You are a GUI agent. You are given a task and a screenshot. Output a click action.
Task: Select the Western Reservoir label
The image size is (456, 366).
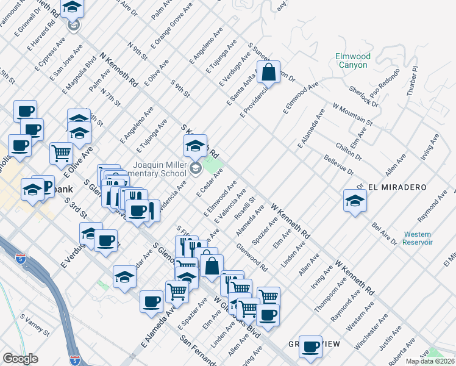[418, 238]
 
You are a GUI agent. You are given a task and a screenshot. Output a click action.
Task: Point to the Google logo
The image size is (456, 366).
[20, 359]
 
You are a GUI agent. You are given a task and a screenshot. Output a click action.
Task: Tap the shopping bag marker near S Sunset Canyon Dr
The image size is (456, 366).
[268, 73]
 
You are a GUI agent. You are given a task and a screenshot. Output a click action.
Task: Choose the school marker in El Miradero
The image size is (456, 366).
[354, 201]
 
